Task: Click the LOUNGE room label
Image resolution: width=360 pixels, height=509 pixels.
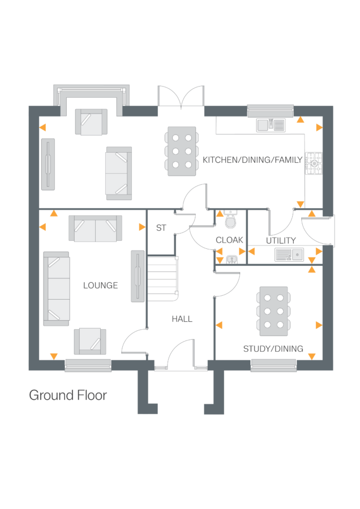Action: click(x=101, y=286)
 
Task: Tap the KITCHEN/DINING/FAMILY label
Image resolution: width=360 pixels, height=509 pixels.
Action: click(x=252, y=161)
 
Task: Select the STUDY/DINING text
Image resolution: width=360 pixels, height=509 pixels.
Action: click(x=273, y=349)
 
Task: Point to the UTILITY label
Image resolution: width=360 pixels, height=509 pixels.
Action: click(x=281, y=240)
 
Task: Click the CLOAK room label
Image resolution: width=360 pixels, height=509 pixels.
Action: click(x=230, y=240)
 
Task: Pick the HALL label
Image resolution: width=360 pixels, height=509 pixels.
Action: click(x=182, y=319)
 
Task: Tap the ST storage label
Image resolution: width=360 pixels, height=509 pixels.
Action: click(x=161, y=228)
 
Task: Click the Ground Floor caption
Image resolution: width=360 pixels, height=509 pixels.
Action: click(x=68, y=395)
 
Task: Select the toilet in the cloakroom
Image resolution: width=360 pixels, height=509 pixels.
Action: click(x=230, y=220)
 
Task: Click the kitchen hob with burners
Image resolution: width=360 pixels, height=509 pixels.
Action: click(x=314, y=163)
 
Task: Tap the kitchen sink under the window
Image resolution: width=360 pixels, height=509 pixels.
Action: click(x=271, y=124)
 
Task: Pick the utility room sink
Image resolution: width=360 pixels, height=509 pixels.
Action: click(x=289, y=255)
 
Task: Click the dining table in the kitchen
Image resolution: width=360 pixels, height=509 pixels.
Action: click(x=182, y=151)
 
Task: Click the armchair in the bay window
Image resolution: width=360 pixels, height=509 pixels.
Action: click(x=91, y=122)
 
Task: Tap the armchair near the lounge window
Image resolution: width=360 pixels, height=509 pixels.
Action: click(x=90, y=341)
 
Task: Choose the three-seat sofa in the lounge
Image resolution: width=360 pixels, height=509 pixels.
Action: click(x=56, y=288)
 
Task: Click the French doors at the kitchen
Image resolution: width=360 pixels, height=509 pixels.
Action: click(x=181, y=97)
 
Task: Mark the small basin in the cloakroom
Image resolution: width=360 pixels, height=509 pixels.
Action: click(x=231, y=259)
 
